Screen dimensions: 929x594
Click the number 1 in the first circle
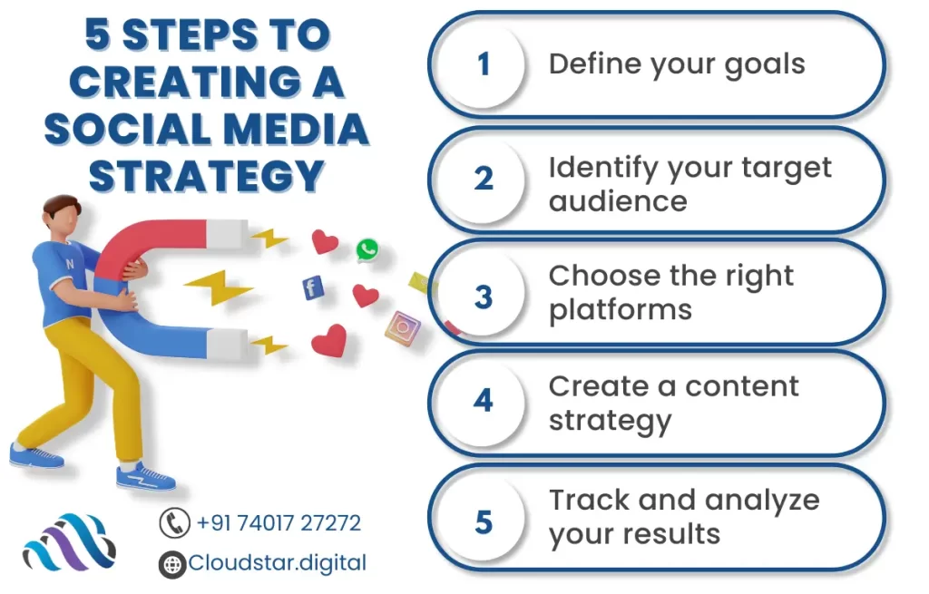(x=484, y=64)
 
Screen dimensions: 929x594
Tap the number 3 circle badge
(x=483, y=296)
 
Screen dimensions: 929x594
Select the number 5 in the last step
(x=484, y=522)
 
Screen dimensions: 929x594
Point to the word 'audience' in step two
(x=618, y=200)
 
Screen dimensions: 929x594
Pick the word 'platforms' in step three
(x=621, y=310)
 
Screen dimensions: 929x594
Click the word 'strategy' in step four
(x=611, y=421)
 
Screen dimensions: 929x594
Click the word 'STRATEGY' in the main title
(x=207, y=177)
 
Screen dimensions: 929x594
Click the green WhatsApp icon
(x=367, y=250)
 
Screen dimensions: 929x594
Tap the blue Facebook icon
(x=313, y=287)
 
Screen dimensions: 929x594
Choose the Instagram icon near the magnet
(x=402, y=327)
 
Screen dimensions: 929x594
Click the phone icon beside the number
(x=174, y=523)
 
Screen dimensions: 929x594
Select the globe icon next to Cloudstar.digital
(x=172, y=564)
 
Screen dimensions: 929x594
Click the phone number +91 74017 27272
(x=278, y=523)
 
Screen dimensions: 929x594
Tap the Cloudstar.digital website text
(x=278, y=562)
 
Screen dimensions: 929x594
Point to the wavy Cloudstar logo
(x=69, y=542)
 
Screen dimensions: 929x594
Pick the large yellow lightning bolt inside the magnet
(x=218, y=287)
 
